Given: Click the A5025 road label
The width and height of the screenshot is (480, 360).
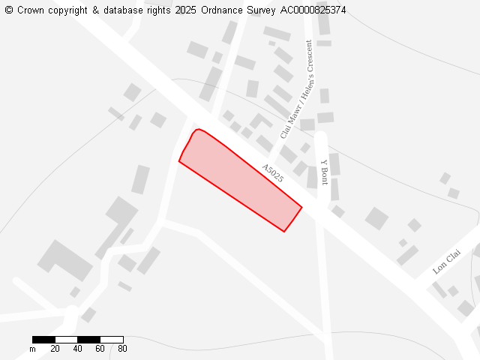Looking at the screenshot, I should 272,173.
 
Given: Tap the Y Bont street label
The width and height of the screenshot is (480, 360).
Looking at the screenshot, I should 324,172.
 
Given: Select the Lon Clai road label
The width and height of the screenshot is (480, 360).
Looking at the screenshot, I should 446,262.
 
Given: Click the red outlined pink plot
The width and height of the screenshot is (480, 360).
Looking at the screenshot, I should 240,180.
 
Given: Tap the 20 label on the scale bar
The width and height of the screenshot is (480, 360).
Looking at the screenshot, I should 55,349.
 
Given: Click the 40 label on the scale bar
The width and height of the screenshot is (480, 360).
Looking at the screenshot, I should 77,349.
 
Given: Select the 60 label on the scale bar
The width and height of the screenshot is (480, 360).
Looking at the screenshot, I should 100,349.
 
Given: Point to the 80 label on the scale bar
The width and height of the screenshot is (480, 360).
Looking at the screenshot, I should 122,349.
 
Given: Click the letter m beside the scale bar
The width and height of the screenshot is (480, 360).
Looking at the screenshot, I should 32,349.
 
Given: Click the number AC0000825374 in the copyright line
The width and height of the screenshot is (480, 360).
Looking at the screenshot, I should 313,10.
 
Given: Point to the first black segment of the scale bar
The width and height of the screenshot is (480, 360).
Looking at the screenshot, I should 43,340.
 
